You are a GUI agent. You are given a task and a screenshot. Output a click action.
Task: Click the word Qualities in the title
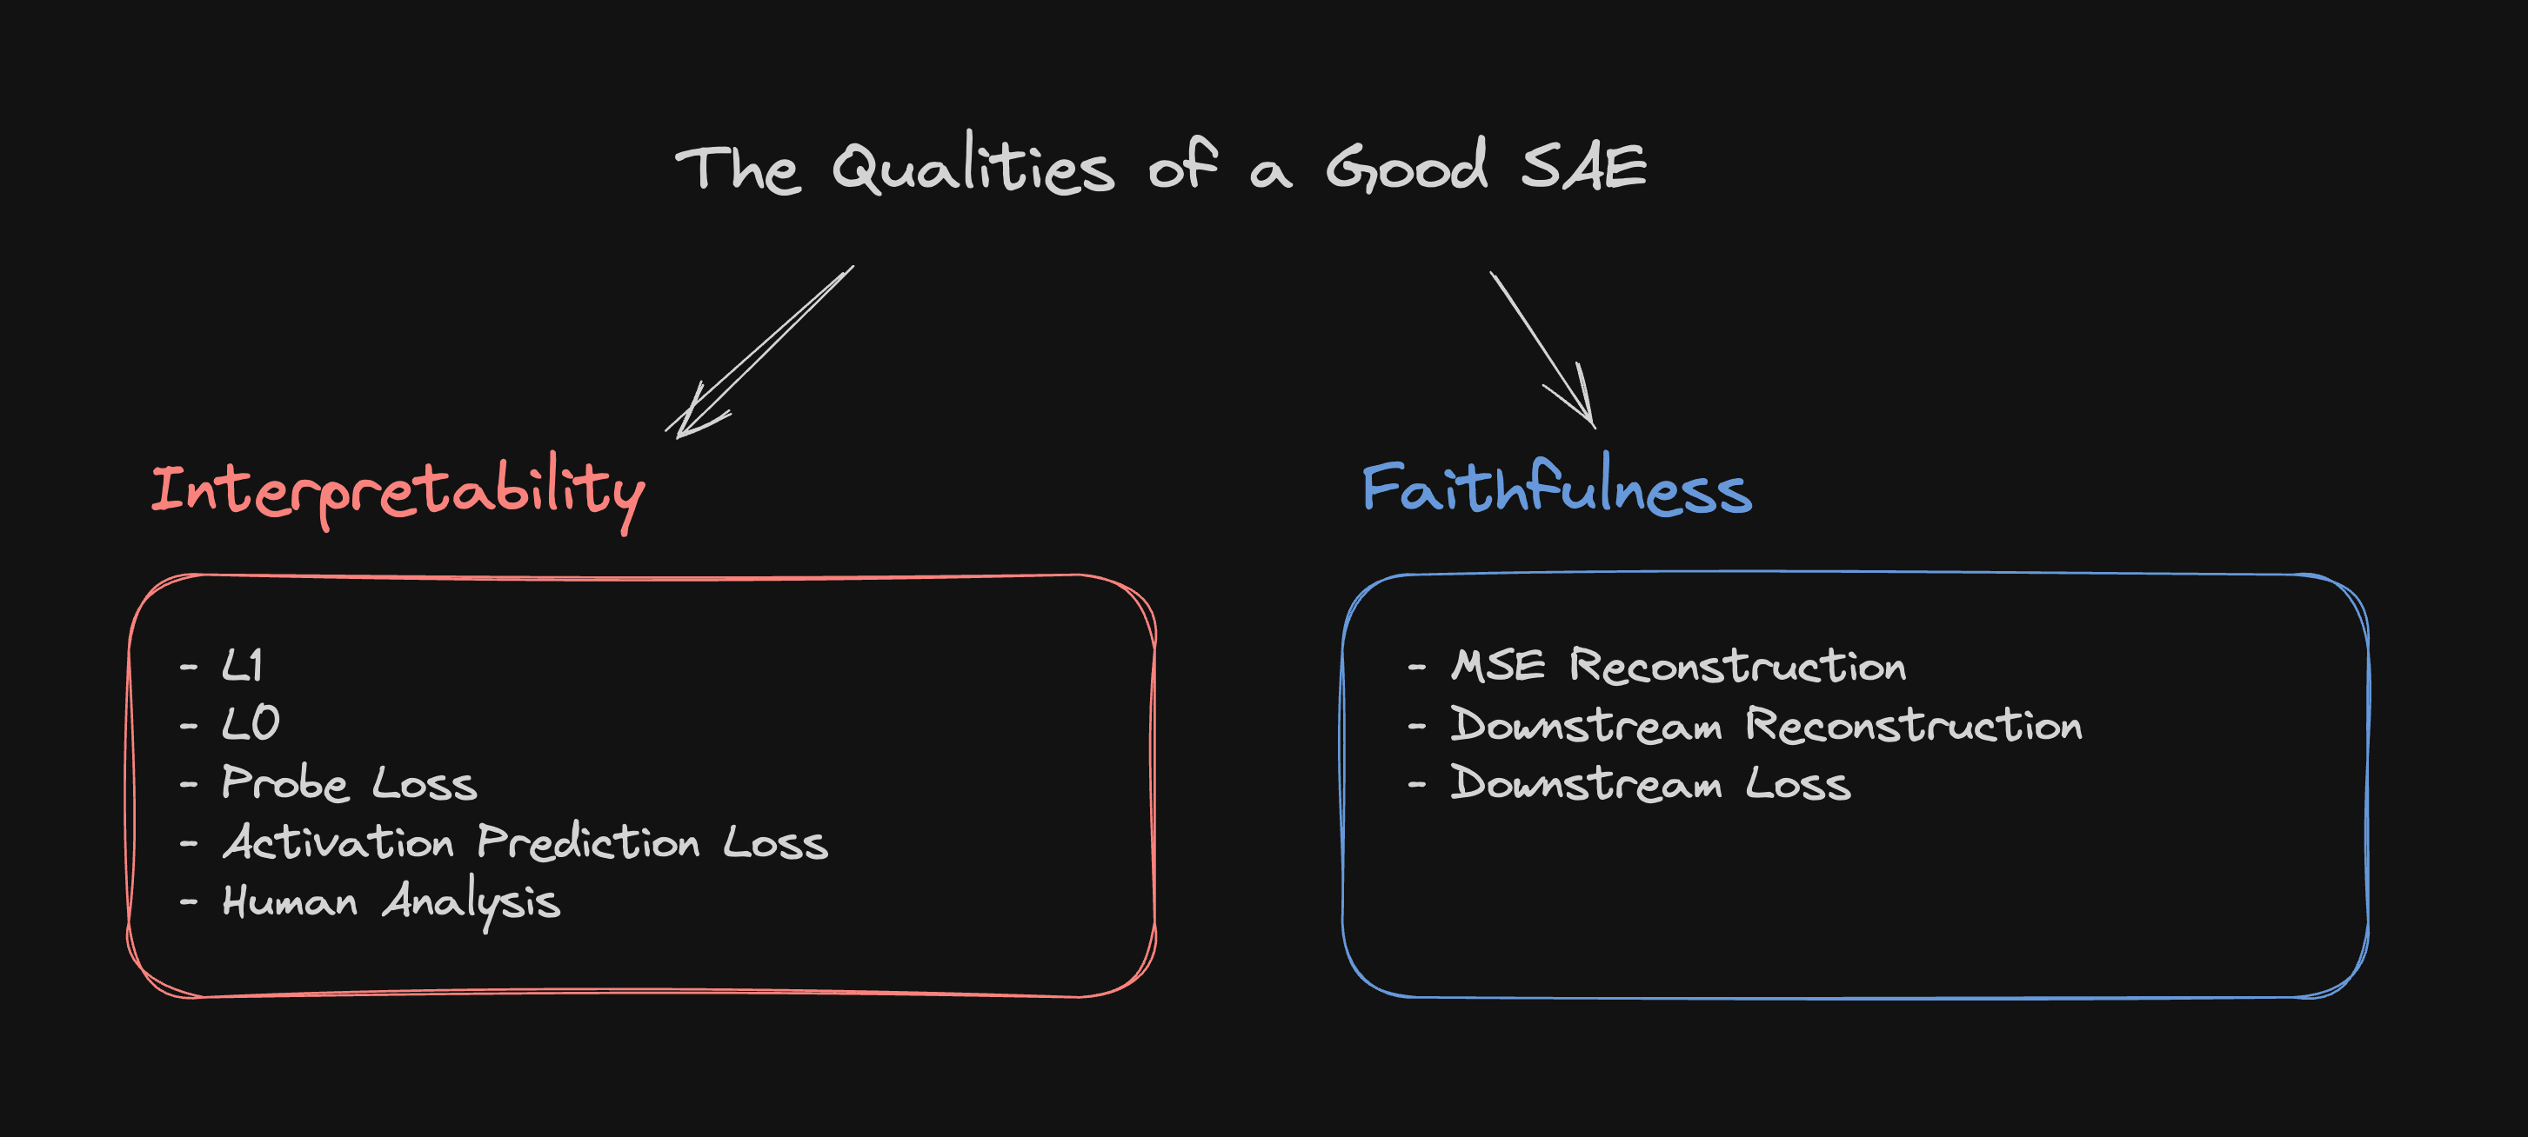(973, 167)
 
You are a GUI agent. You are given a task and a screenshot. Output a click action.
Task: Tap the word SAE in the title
(1583, 167)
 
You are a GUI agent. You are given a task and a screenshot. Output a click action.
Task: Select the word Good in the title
(1407, 167)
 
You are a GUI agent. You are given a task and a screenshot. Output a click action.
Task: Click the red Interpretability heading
(398, 490)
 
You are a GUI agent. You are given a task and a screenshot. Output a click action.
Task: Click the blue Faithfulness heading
(1556, 488)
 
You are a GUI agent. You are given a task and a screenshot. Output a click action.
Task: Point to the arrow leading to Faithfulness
(1542, 349)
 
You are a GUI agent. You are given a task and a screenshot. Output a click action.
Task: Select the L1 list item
(242, 666)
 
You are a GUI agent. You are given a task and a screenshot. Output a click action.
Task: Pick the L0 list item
(251, 724)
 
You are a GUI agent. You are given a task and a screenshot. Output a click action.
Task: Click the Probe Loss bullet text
(350, 784)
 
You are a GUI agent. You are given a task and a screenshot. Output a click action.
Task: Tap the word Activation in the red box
(338, 842)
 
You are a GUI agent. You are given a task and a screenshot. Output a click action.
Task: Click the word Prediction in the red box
(588, 842)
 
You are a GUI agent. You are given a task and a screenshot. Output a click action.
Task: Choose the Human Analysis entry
(391, 901)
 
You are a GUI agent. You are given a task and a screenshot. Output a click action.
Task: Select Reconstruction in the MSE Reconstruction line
(1737, 666)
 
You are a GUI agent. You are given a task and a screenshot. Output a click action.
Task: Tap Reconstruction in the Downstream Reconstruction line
(1913, 726)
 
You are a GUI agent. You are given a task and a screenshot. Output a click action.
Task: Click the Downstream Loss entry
(1650, 785)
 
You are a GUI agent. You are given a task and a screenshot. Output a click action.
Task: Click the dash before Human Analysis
(189, 902)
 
